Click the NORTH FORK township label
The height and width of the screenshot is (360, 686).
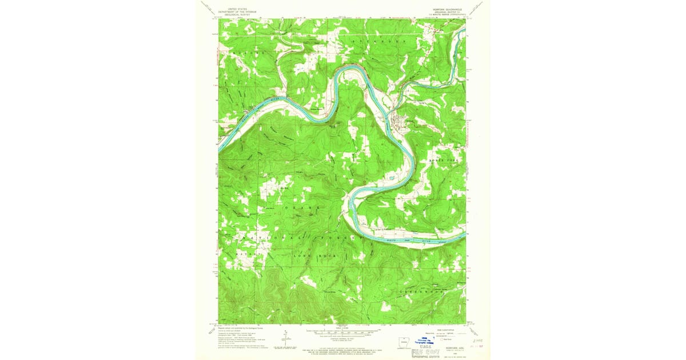[x=444, y=162]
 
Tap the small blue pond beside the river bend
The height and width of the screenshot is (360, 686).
[x=390, y=179]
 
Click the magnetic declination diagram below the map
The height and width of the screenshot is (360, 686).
[x=282, y=338]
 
